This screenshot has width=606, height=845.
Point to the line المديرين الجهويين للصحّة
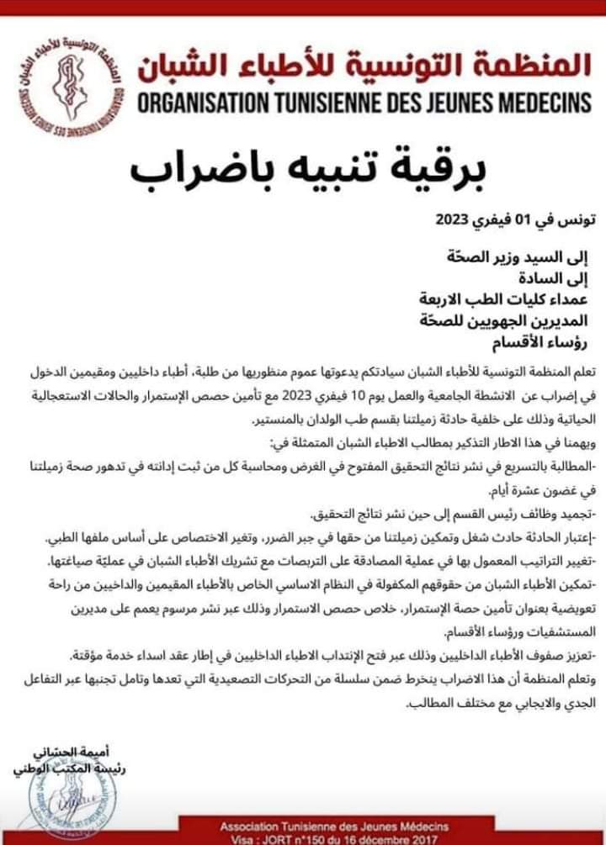(502, 320)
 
